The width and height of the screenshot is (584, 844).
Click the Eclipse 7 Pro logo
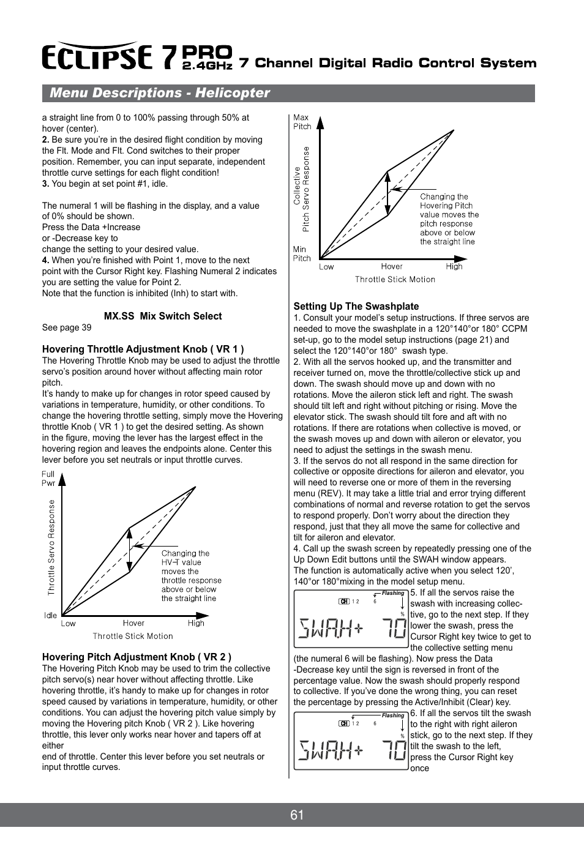click(x=137, y=56)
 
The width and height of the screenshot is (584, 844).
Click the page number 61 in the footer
click(x=297, y=815)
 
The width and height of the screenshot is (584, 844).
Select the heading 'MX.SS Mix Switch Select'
click(x=163, y=316)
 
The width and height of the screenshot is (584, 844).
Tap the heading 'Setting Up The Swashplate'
click(x=356, y=307)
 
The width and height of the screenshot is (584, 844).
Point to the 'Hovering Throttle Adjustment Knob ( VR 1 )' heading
click(x=143, y=349)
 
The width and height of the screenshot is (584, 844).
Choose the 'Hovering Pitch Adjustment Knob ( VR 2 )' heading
click(x=137, y=657)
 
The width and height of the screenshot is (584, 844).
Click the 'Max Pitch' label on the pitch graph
click(x=302, y=122)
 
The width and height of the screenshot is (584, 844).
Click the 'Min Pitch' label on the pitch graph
click(x=301, y=254)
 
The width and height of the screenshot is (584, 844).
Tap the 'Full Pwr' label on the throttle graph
click(x=48, y=479)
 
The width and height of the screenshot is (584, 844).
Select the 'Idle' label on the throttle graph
click(x=50, y=616)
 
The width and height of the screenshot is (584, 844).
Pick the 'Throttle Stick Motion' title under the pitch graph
click(x=395, y=280)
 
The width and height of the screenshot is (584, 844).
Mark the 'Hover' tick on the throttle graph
click(x=133, y=624)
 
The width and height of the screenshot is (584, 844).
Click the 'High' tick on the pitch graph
click(x=454, y=267)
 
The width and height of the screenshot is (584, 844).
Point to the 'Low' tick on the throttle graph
click(x=68, y=624)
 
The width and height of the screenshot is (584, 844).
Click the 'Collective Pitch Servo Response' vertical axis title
click(x=301, y=189)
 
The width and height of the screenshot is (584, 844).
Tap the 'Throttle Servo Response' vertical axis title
click(x=51, y=547)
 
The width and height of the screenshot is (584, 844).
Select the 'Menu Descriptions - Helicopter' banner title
click(x=160, y=93)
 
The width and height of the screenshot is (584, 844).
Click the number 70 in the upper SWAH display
click(x=394, y=628)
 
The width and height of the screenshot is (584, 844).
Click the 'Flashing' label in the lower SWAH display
click(x=392, y=715)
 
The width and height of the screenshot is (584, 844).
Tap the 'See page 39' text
click(x=67, y=327)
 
